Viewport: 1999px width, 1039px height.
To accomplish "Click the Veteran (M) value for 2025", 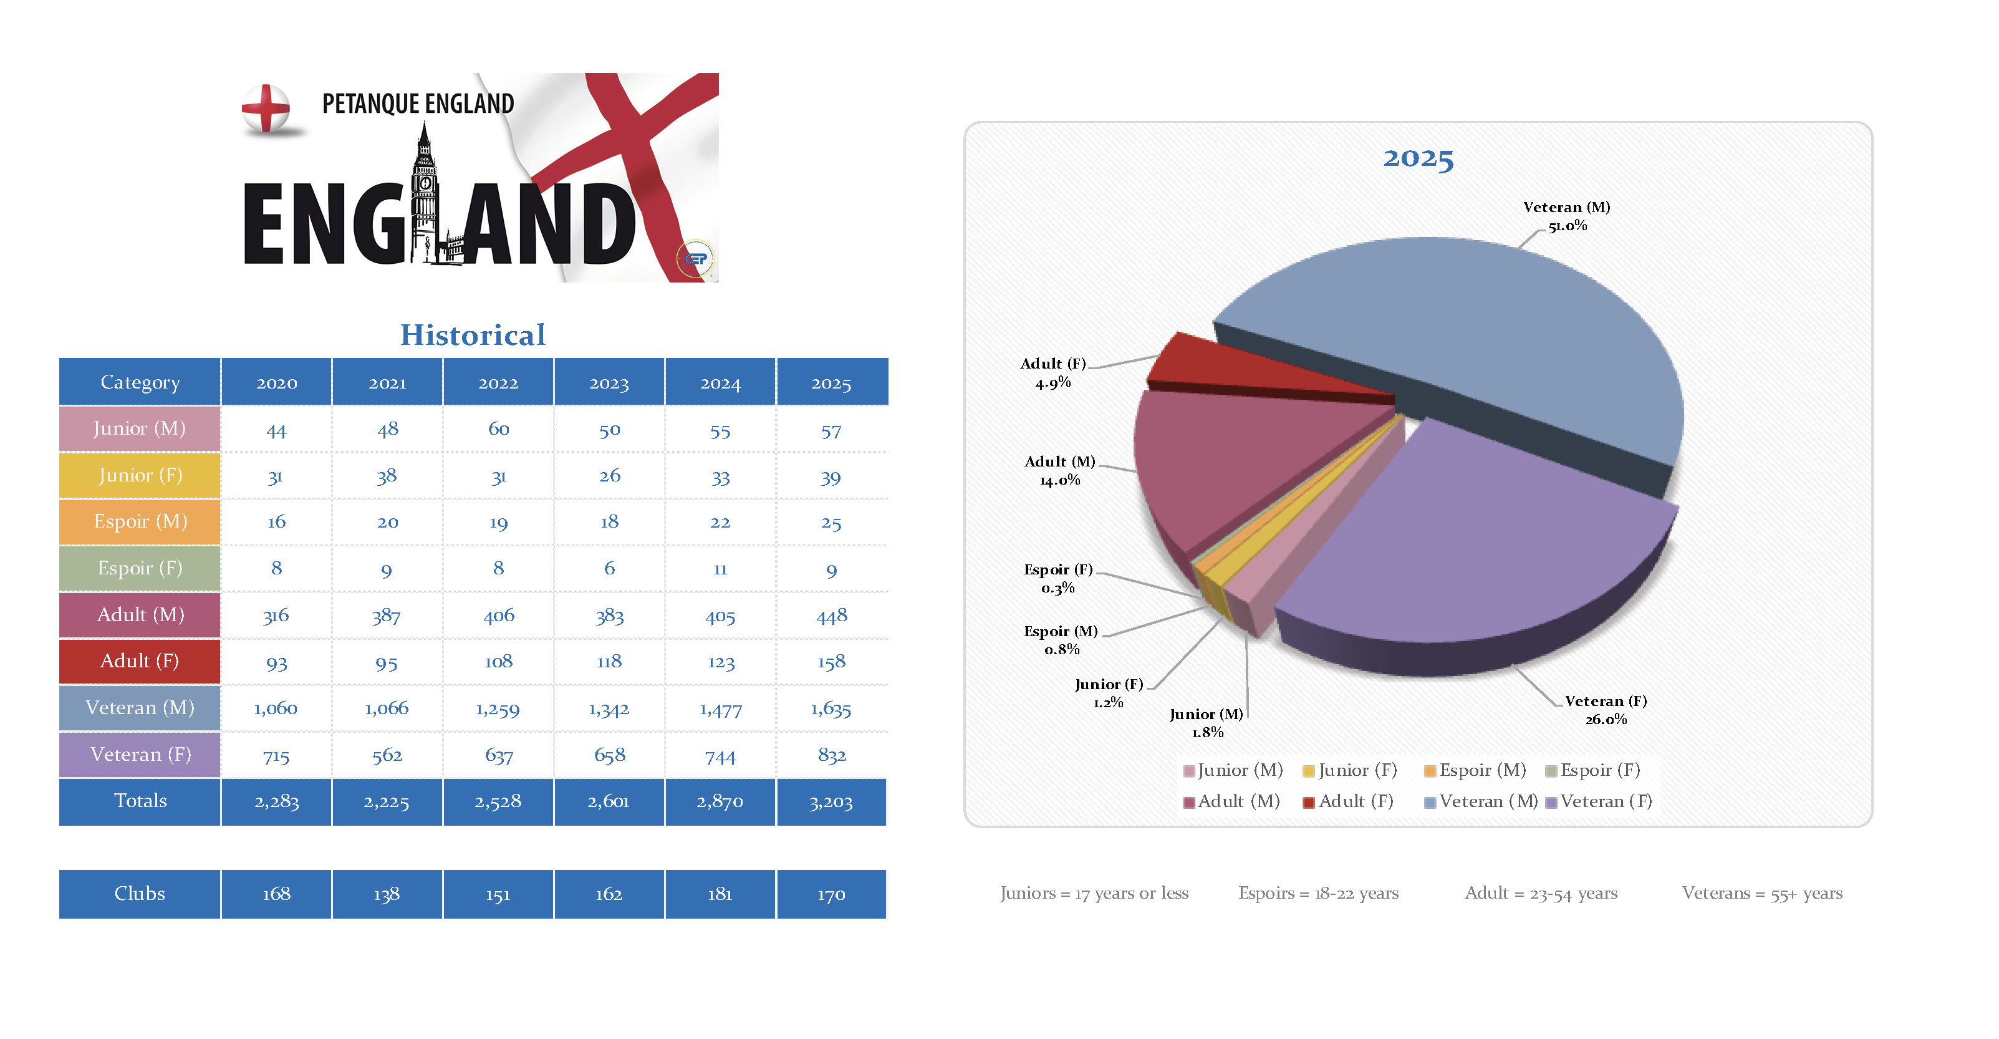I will click(x=831, y=708).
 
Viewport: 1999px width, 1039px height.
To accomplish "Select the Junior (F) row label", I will click(x=140, y=475).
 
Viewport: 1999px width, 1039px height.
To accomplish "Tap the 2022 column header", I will click(x=498, y=382).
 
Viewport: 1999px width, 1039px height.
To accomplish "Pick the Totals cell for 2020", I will click(x=276, y=801).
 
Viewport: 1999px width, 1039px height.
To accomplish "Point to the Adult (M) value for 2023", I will click(x=609, y=616).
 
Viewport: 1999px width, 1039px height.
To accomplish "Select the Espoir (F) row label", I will click(x=140, y=568).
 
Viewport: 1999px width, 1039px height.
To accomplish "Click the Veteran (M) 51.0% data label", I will click(x=1567, y=216).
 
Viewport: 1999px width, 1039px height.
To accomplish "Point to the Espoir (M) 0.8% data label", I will click(x=1061, y=640).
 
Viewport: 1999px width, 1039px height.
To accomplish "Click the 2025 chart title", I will click(x=1418, y=158).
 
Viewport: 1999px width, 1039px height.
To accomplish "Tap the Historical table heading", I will click(x=473, y=335).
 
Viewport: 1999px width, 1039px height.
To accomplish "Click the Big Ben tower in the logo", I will click(x=425, y=194).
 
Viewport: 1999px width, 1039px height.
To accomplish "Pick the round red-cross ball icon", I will click(x=266, y=109).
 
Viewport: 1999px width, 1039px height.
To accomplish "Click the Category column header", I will click(x=140, y=382).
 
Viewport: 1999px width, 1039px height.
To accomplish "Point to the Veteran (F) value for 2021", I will click(x=387, y=755).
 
